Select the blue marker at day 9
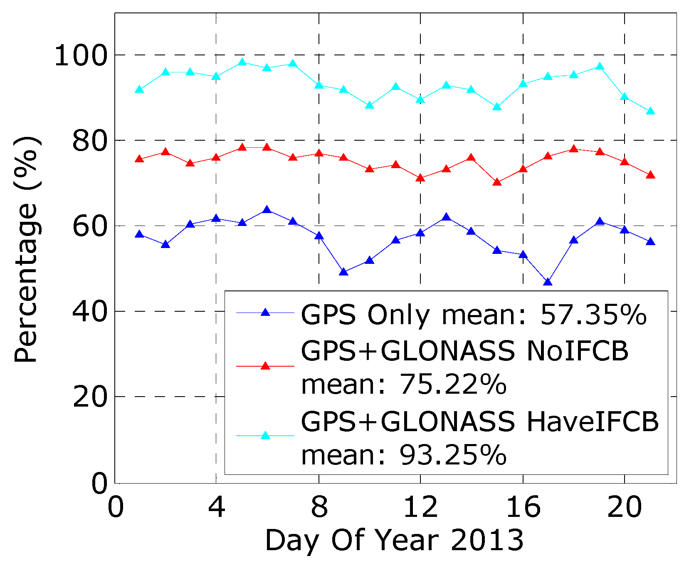click(343, 272)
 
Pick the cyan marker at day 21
click(650, 111)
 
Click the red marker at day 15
click(497, 182)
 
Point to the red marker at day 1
click(140, 159)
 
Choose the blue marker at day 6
click(267, 210)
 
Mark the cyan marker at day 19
click(600, 67)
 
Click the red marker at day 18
click(574, 149)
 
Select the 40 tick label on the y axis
click(90, 312)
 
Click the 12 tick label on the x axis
click(420, 507)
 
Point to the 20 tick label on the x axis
click(625, 507)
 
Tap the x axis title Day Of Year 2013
click(394, 541)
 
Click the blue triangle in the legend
click(265, 313)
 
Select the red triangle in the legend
click(265, 366)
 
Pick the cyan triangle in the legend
click(265, 436)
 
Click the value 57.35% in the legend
click(593, 315)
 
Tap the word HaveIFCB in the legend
click(593, 422)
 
